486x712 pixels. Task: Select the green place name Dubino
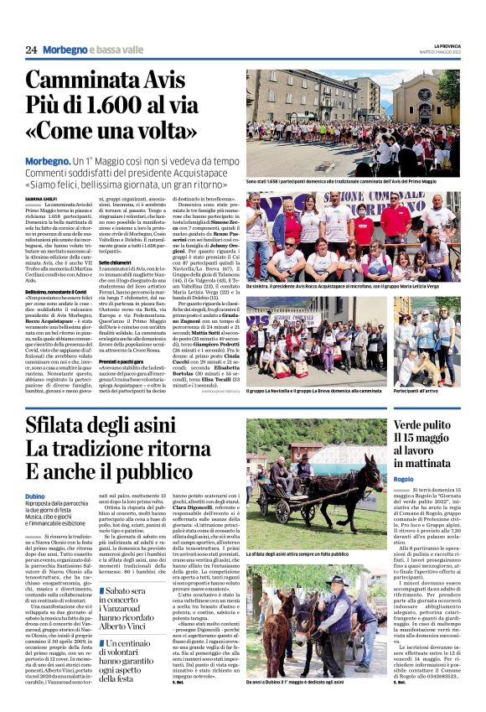[x=35, y=496]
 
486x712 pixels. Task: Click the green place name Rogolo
[x=406, y=480]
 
